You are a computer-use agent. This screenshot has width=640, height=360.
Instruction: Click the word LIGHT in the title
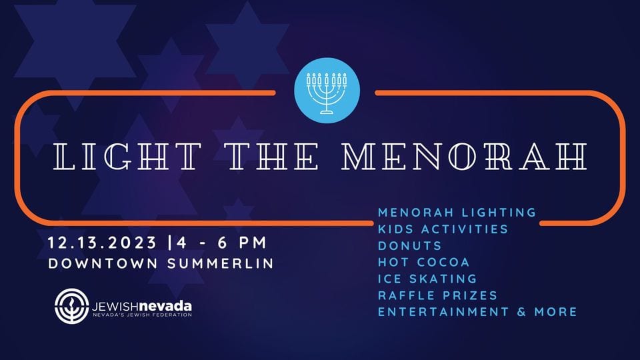click(127, 156)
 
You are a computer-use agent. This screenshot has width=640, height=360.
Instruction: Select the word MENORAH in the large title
click(465, 156)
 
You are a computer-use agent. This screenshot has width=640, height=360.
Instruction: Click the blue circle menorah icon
click(327, 91)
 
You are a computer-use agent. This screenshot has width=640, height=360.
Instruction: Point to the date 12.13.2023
click(102, 243)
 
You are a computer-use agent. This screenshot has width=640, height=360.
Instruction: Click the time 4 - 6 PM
click(222, 243)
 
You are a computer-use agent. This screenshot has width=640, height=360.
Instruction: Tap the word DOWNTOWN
click(103, 263)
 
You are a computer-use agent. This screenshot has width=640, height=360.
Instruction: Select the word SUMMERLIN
click(221, 263)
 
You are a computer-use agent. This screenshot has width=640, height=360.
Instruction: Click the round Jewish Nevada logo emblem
click(72, 306)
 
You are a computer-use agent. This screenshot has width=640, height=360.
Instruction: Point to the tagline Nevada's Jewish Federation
click(142, 315)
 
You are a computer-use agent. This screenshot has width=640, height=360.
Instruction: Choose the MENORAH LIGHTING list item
click(457, 212)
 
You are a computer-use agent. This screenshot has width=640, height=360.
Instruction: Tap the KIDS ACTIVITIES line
click(443, 229)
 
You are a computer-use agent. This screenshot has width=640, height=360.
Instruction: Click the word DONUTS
click(410, 246)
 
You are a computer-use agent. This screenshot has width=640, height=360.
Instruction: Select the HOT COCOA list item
click(424, 262)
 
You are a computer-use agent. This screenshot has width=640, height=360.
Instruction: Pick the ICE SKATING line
click(427, 279)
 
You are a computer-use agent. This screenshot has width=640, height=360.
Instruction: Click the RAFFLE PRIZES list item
click(437, 295)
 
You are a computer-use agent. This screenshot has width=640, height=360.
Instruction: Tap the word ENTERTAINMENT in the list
click(443, 312)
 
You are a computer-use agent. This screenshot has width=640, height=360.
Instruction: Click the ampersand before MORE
click(521, 312)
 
